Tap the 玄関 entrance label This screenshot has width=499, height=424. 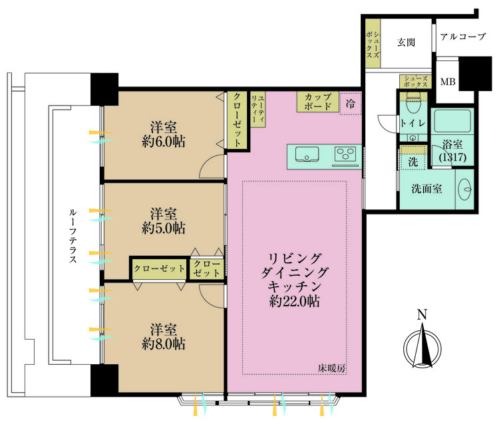pyautogui.click(x=407, y=43)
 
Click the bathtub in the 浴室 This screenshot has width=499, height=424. pyautogui.click(x=452, y=122)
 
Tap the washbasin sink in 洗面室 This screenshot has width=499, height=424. pyautogui.click(x=465, y=187)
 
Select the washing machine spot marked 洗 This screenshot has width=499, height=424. pyautogui.click(x=412, y=160)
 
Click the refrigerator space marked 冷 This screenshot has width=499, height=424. pyautogui.click(x=350, y=103)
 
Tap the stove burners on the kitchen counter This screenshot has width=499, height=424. pyautogui.click(x=345, y=155)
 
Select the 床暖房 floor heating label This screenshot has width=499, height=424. pyautogui.click(x=329, y=368)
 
